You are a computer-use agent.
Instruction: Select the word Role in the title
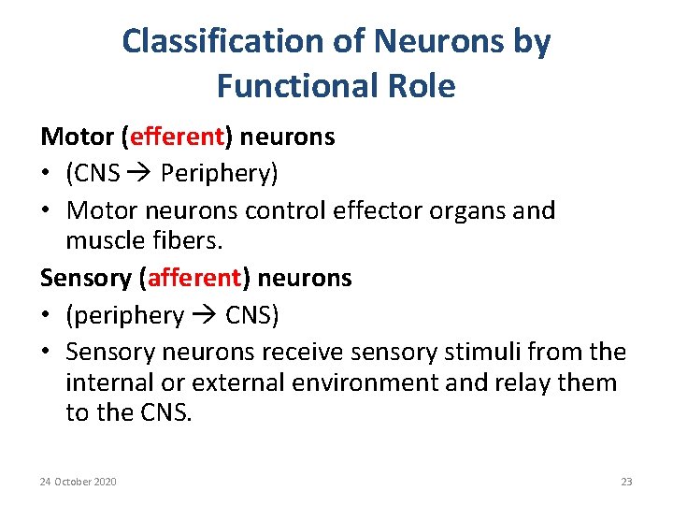pyautogui.click(x=420, y=86)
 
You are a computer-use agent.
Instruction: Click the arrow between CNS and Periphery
pyautogui.click(x=140, y=174)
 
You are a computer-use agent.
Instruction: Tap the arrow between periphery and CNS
pyautogui.click(x=205, y=316)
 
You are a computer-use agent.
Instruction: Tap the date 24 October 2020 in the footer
pyautogui.click(x=79, y=482)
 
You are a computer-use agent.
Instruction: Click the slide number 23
pyautogui.click(x=626, y=482)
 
